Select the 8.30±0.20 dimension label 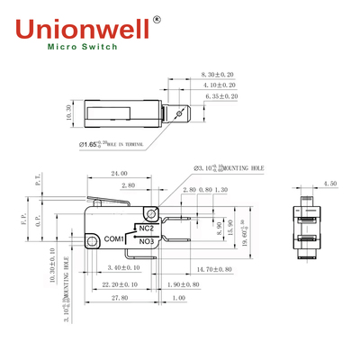[x=219, y=74]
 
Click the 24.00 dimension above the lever [x=119, y=173]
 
